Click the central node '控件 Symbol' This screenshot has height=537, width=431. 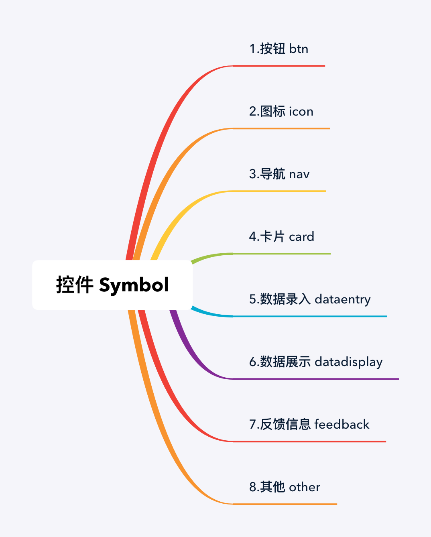click(112, 285)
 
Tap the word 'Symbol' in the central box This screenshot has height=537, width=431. click(134, 285)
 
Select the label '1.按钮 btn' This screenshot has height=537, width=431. click(279, 49)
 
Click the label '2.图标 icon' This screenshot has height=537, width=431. click(281, 112)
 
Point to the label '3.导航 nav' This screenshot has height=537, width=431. click(279, 174)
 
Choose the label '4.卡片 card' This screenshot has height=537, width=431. click(281, 237)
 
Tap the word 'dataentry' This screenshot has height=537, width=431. click(342, 299)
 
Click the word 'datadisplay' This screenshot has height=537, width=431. click(348, 362)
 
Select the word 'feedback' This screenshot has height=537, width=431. click(342, 425)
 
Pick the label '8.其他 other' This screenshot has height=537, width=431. click(285, 487)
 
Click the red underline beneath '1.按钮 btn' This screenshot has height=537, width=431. click(279, 66)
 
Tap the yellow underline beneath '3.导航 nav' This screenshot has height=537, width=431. click(279, 191)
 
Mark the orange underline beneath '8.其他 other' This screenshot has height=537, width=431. click(285, 504)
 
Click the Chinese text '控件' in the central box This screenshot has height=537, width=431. click(75, 285)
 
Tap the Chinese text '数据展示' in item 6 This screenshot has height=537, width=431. click(285, 362)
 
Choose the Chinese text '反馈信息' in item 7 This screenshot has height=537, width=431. click(285, 425)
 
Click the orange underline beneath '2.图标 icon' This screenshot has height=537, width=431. click(281, 128)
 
